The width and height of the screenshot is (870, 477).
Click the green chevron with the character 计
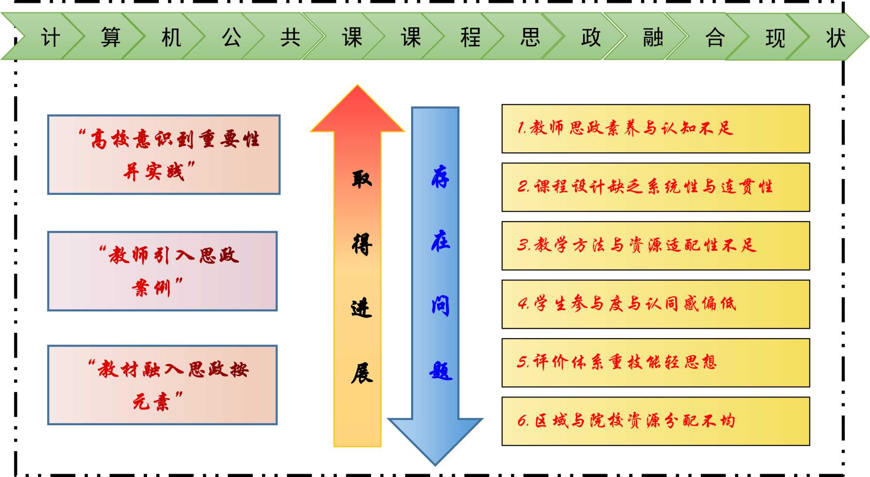50,37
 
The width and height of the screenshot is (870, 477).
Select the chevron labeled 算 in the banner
110,37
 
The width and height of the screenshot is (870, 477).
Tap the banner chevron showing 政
591,37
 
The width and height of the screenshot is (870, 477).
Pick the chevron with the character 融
652,37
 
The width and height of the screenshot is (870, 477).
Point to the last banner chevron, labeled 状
836,37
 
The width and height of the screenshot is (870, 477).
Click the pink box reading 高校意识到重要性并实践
164,155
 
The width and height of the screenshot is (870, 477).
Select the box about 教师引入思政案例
162,271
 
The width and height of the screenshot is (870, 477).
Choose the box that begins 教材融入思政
162,385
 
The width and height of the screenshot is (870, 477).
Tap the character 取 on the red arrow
361,178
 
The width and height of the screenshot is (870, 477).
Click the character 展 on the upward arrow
361,373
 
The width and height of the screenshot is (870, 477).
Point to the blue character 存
440,177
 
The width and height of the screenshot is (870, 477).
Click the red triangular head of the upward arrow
358,111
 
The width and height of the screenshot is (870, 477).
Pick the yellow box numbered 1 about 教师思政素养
656,128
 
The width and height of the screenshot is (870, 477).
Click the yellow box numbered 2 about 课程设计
656,187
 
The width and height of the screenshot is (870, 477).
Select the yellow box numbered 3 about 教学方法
656,245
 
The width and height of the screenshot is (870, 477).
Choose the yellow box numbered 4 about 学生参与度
656,304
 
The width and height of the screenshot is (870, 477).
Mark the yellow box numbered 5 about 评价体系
656,363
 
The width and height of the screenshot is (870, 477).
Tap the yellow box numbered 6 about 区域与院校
656,421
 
